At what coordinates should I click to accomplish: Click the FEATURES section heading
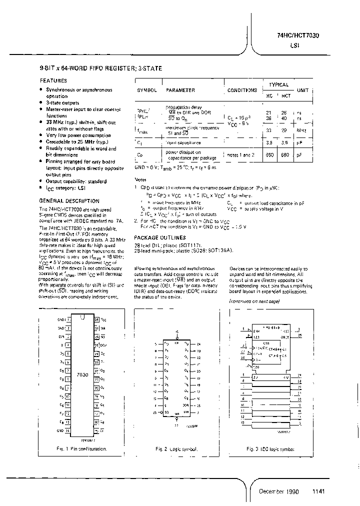point(53,80)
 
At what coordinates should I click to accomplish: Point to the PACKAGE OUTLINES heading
point(160,237)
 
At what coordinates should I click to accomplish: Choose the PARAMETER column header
point(180,90)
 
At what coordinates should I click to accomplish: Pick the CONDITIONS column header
point(242,90)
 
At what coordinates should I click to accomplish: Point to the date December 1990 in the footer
point(278,491)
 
